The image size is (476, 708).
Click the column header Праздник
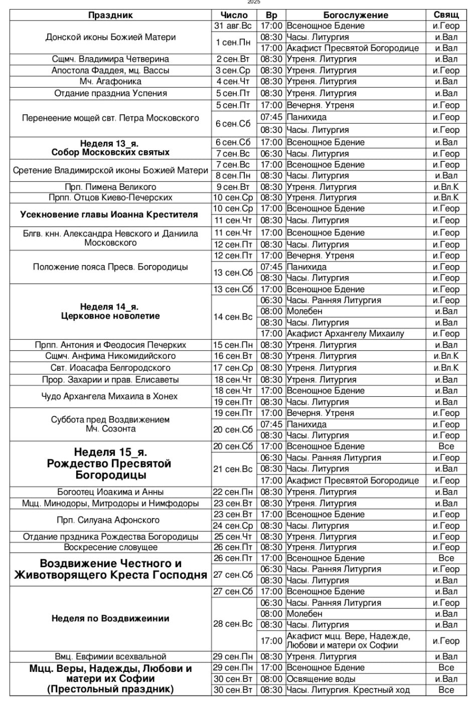[x=110, y=15]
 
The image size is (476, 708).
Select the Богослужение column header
[x=356, y=15]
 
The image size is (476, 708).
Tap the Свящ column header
[x=446, y=15]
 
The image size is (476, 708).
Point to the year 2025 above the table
[x=254, y=3]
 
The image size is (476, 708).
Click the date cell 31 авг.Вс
[x=233, y=26]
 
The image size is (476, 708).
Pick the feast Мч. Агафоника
[x=110, y=82]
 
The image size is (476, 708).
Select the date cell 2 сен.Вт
[x=233, y=59]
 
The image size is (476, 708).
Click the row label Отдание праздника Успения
[x=110, y=93]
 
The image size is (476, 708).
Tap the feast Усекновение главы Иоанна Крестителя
[x=109, y=214]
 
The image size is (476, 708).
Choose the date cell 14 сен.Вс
[x=233, y=317]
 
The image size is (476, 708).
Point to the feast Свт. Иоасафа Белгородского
[x=110, y=368]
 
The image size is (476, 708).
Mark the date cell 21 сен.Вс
[x=233, y=469]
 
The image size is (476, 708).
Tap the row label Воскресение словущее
[x=110, y=547]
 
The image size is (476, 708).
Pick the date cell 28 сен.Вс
[x=233, y=624]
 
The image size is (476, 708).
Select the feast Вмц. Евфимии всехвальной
[x=110, y=656]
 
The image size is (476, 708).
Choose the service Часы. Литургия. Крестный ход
[x=348, y=690]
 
